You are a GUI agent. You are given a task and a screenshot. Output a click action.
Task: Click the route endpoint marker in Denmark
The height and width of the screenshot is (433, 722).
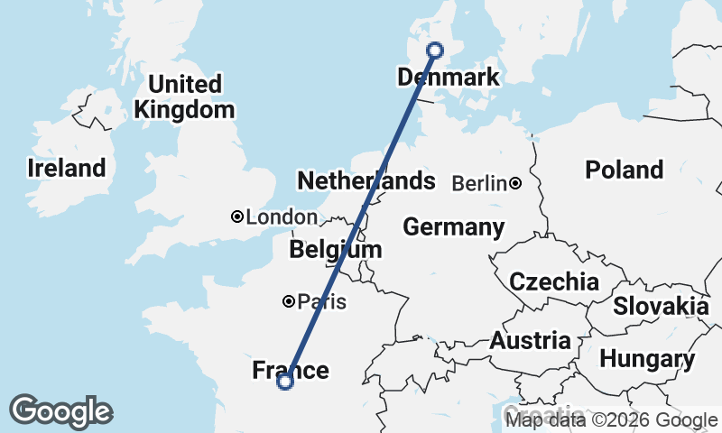click(435, 51)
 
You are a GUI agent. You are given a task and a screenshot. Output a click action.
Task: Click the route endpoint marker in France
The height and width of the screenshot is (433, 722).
click(285, 382)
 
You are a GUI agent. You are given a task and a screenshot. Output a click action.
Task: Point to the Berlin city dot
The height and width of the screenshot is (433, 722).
click(514, 183)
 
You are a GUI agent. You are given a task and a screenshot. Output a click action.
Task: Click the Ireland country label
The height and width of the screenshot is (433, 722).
click(66, 168)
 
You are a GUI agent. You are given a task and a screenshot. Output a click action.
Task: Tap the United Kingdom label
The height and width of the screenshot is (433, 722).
click(184, 97)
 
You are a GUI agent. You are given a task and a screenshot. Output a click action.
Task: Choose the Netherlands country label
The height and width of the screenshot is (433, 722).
click(366, 180)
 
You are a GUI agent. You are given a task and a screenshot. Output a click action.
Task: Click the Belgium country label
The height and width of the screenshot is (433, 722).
click(336, 249)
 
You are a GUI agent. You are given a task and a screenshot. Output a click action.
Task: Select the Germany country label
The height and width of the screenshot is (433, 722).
click(453, 227)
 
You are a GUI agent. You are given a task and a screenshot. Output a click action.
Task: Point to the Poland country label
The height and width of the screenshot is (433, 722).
click(624, 170)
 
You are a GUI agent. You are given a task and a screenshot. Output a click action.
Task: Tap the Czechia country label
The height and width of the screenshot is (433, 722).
click(553, 281)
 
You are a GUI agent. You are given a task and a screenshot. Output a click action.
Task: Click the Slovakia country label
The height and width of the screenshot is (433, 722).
click(661, 307)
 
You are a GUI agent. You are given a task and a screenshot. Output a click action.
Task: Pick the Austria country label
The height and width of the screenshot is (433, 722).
click(530, 341)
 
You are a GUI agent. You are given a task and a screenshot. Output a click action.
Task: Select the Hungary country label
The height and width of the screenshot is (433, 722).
click(647, 359)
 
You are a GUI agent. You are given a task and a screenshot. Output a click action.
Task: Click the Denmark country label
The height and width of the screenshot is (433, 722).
click(448, 78)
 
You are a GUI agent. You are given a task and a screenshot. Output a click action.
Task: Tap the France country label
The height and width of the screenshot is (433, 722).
click(291, 370)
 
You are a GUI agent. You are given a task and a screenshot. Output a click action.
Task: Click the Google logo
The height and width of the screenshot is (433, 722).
click(60, 411)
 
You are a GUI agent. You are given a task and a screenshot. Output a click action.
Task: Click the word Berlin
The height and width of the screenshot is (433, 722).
click(478, 183)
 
